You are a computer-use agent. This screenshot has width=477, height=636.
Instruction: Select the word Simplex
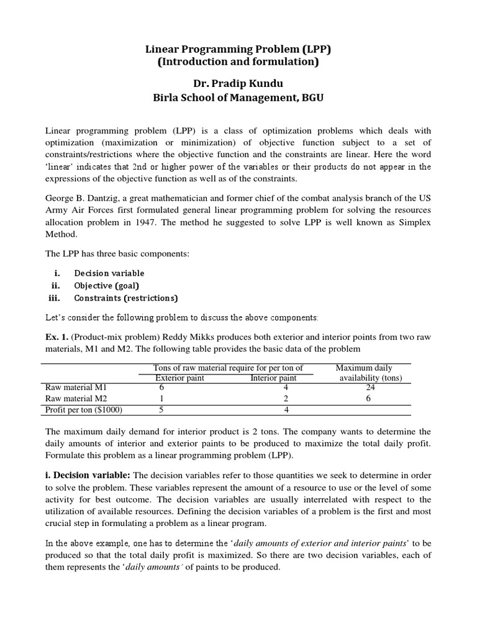pyautogui.click(x=413, y=222)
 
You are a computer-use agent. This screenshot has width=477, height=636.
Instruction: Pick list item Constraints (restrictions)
pyautogui.click(x=125, y=298)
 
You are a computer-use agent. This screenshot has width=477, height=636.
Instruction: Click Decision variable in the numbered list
pyautogui.click(x=109, y=273)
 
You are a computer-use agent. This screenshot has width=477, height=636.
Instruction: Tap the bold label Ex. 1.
pyautogui.click(x=57, y=336)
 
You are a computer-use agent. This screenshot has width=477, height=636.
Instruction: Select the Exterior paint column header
pyautogui.click(x=179, y=378)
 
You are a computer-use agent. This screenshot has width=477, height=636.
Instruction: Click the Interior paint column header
pyautogui.click(x=273, y=378)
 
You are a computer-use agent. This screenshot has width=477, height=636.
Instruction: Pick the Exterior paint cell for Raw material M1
pyautogui.click(x=161, y=387)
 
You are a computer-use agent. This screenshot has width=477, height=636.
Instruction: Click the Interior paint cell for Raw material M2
pyautogui.click(x=286, y=398)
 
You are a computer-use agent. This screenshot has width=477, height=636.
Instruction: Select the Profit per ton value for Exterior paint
pyautogui.click(x=161, y=410)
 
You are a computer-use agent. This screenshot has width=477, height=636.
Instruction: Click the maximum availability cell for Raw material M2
pyautogui.click(x=368, y=398)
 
